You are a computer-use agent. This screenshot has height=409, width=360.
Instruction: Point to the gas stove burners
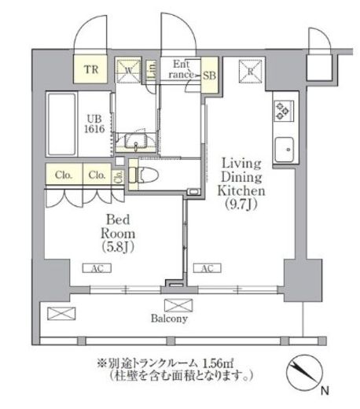click(283, 112)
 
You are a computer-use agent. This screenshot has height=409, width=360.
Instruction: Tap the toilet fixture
click(147, 171)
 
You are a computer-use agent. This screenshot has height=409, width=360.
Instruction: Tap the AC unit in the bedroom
click(94, 267)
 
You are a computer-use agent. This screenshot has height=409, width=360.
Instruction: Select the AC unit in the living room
click(208, 267)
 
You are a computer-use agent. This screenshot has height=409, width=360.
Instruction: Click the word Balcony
click(170, 319)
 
